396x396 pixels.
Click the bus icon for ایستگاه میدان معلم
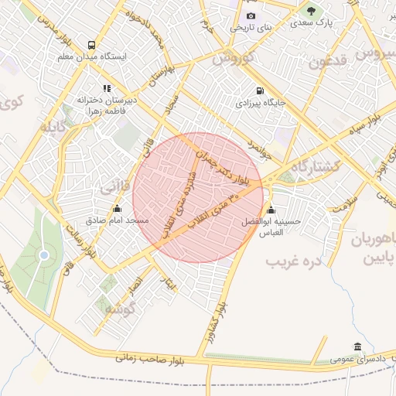[x=92, y=46]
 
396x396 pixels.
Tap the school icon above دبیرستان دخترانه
[x=106, y=88]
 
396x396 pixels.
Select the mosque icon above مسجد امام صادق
[x=117, y=209]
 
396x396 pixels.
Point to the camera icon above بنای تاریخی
[x=251, y=16]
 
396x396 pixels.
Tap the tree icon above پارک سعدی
[x=311, y=12]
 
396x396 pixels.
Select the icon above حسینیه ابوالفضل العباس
[x=270, y=210]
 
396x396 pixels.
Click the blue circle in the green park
[x=44, y=254]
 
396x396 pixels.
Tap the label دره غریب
[x=293, y=261]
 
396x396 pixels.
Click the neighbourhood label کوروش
[x=234, y=58]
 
